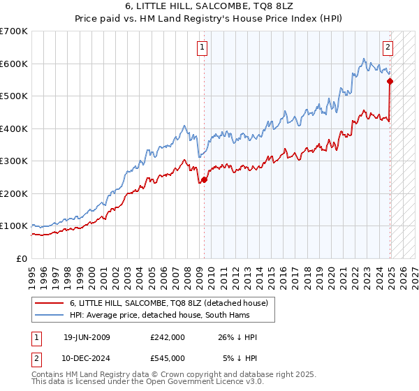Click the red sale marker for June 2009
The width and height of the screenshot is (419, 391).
pyautogui.click(x=204, y=180)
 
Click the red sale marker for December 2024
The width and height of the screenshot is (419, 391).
pyautogui.click(x=390, y=81)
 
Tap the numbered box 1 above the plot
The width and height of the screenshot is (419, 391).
pyautogui.click(x=202, y=47)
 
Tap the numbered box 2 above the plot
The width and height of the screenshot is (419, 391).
pyautogui.click(x=388, y=47)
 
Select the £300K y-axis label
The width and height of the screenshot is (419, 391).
pyautogui.click(x=14, y=161)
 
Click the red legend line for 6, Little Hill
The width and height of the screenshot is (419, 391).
pyautogui.click(x=49, y=302)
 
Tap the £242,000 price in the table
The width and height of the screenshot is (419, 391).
pyautogui.click(x=167, y=337)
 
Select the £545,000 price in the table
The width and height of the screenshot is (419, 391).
pyautogui.click(x=167, y=358)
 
